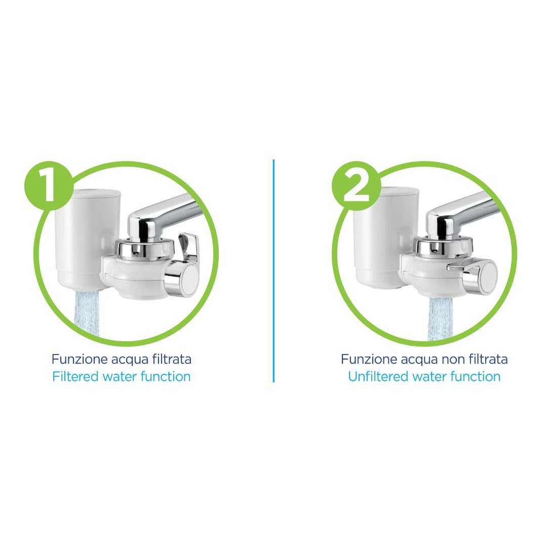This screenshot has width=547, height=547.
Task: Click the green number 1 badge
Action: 49,186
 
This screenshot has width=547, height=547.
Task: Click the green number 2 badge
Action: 356,186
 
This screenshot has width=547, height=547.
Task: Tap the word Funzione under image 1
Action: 80,359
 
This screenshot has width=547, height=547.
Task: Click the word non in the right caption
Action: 454,360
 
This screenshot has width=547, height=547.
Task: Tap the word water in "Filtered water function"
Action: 120,377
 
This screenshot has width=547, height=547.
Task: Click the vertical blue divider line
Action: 273,270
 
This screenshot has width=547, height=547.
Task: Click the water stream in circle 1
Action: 87,314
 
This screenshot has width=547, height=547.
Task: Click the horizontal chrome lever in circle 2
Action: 464,265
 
